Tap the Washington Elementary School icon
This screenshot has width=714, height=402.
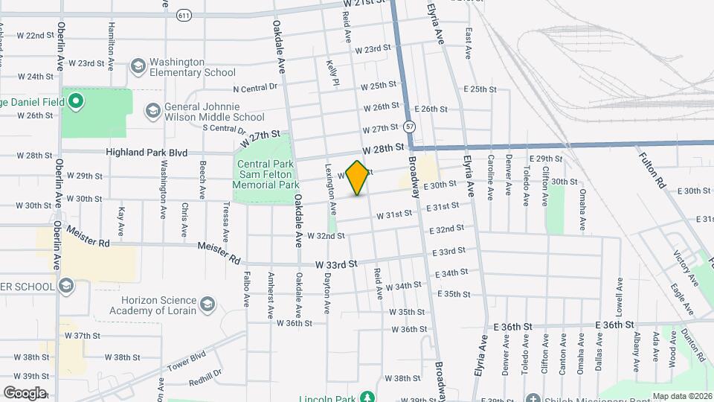[138, 67]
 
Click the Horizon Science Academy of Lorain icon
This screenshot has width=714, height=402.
[207, 304]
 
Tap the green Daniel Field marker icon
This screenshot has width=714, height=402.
[75, 100]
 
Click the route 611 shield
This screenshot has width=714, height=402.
[184, 15]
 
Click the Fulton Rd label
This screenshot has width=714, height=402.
[651, 170]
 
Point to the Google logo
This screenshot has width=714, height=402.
[25, 392]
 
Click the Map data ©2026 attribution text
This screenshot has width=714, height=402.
[681, 395]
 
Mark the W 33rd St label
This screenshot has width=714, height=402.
[337, 264]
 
